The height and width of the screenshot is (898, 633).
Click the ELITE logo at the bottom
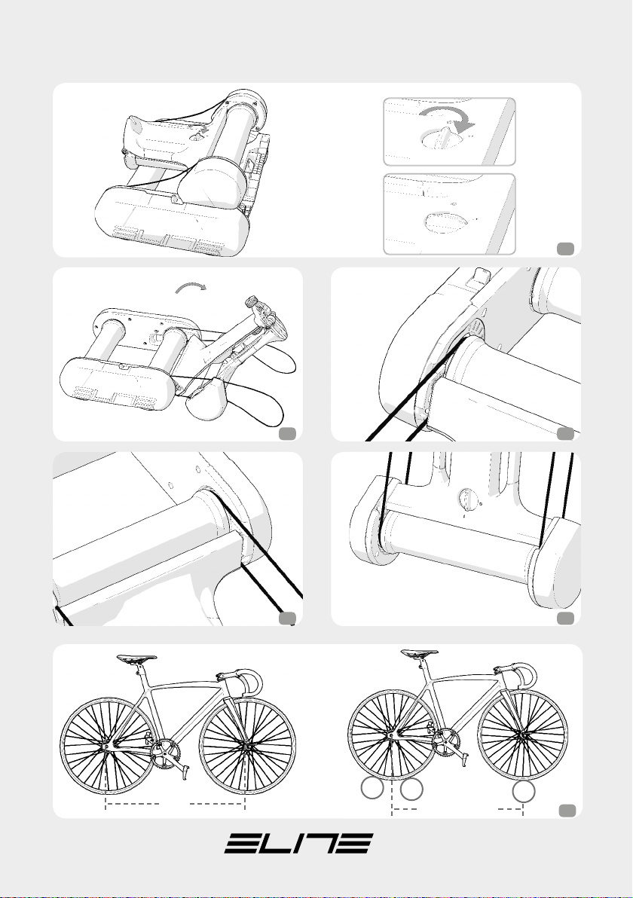tap(298, 843)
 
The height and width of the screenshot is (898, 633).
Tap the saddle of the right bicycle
tap(420, 653)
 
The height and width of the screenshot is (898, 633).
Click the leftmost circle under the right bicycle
tap(372, 790)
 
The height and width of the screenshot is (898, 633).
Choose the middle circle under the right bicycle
tap(412, 790)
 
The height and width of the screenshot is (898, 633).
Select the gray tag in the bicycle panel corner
tap(567, 809)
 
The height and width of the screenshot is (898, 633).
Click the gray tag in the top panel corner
tap(565, 248)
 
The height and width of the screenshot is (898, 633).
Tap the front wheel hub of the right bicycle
tap(522, 735)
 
